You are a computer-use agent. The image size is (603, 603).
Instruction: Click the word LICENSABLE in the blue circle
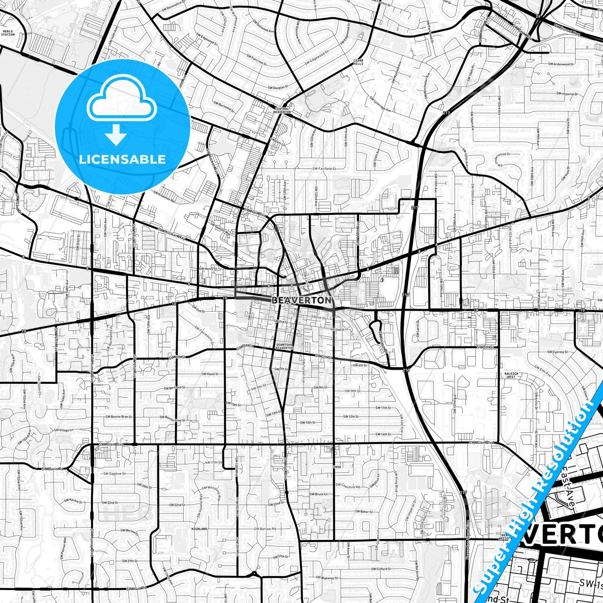[122, 159]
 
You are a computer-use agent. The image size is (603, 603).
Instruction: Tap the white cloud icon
[121, 102]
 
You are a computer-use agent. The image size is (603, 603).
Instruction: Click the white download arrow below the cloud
[116, 135]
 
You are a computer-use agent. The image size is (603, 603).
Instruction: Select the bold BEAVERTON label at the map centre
[302, 300]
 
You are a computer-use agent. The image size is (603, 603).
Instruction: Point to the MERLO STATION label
[8, 33]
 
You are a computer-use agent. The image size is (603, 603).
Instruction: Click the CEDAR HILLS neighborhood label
[358, 62]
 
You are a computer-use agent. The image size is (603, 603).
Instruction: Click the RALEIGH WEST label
[511, 375]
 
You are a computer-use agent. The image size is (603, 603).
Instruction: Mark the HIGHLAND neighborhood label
[199, 529]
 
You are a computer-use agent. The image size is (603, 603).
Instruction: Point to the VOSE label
[338, 467]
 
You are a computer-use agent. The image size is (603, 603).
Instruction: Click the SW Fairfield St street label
[324, 168]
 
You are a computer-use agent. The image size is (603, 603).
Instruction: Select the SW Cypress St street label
[558, 352]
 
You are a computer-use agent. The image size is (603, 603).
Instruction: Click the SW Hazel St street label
[209, 374]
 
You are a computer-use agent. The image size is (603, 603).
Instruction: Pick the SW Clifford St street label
[381, 569]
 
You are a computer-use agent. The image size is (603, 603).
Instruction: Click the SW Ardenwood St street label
[560, 64]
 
